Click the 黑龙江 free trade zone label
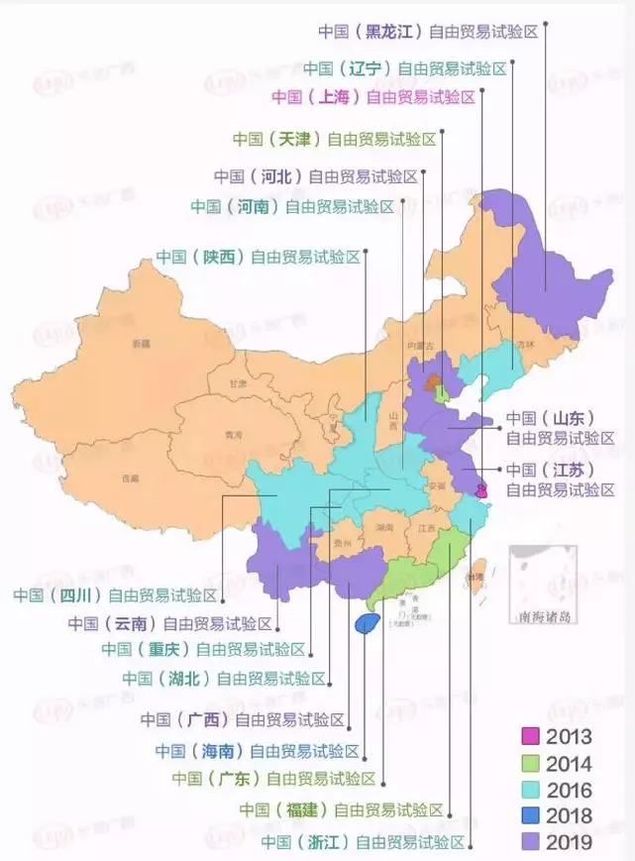click(x=428, y=31)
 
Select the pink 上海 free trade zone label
click(x=373, y=96)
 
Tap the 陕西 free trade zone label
click(x=258, y=257)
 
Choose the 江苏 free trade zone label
click(x=560, y=479)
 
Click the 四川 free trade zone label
click(x=114, y=595)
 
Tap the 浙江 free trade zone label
click(x=363, y=841)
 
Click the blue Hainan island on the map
click(x=367, y=622)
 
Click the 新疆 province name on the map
click(x=140, y=344)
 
